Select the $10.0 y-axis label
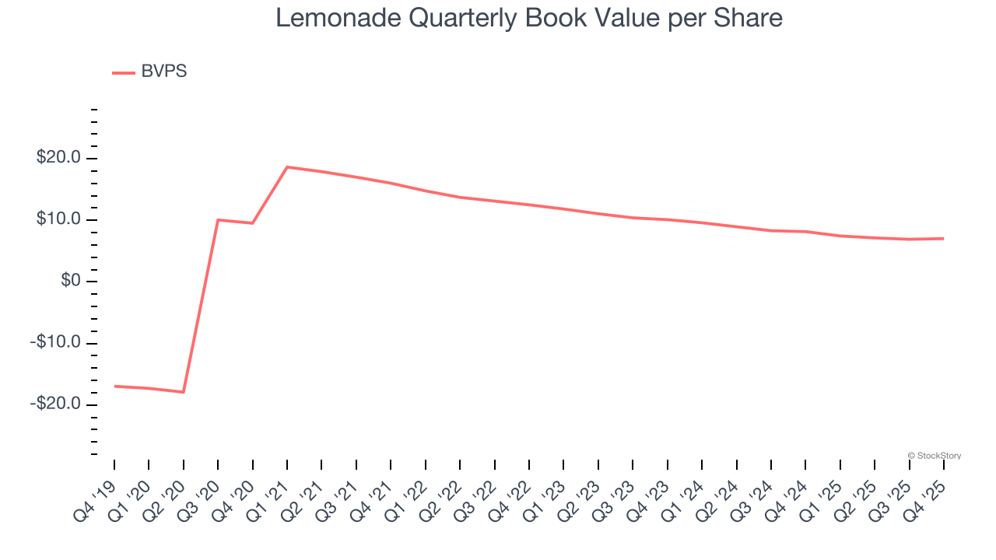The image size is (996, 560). (58, 220)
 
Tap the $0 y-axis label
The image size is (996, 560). (71, 281)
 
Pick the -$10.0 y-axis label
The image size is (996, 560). (56, 343)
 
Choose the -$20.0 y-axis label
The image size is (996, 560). (56, 404)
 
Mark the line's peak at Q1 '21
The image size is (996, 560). (287, 167)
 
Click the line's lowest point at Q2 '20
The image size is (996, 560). (184, 392)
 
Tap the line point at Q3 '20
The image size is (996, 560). (218, 220)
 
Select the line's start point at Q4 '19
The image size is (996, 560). (114, 386)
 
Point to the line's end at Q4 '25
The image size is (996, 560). (943, 238)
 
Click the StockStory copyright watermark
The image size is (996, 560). (934, 456)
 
